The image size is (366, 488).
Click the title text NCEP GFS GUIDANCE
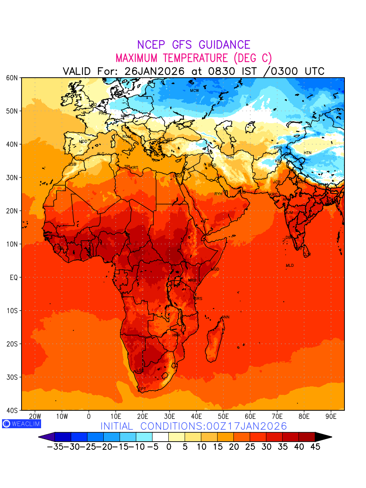(x=194, y=45)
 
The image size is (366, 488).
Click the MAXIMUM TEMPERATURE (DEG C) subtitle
(x=194, y=58)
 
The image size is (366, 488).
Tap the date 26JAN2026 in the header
(x=155, y=71)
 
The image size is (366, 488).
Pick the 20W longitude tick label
(x=35, y=416)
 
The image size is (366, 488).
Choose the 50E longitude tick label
(x=223, y=416)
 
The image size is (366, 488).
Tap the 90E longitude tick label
(x=331, y=416)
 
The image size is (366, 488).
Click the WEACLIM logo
(x=21, y=424)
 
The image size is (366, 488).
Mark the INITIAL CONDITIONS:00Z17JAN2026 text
(x=194, y=426)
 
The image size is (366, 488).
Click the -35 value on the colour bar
(x=55, y=447)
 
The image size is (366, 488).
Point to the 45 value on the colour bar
(x=315, y=447)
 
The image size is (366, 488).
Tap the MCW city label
(x=194, y=90)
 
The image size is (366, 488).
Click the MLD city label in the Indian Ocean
(x=290, y=266)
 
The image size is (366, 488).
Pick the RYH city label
(x=218, y=194)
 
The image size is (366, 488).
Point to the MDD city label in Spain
(x=83, y=142)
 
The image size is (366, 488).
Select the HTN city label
(x=307, y=153)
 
